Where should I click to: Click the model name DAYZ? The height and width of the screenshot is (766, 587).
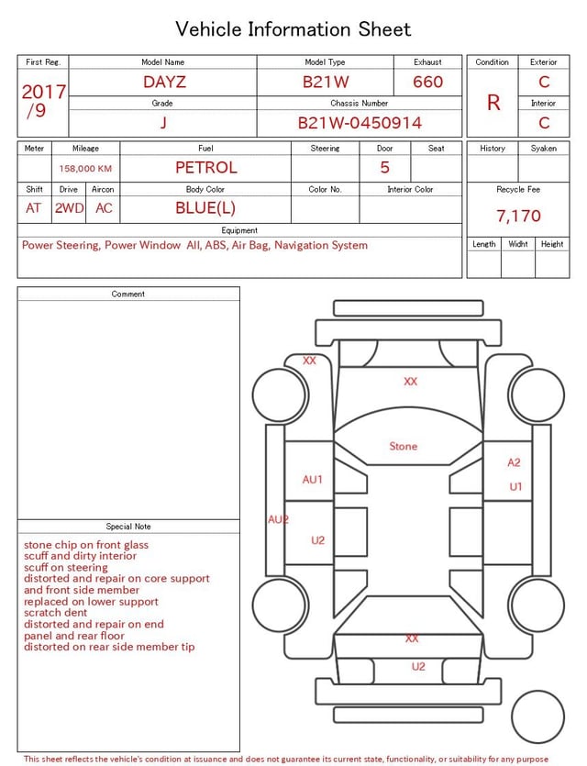pyautogui.click(x=164, y=82)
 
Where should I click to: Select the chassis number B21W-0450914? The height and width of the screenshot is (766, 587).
pyautogui.click(x=360, y=123)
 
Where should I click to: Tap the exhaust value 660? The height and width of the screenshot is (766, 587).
pyautogui.click(x=427, y=82)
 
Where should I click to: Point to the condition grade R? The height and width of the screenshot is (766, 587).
pyautogui.click(x=493, y=103)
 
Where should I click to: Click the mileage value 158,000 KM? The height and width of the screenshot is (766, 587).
pyautogui.click(x=85, y=169)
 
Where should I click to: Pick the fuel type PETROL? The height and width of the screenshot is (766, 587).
pyautogui.click(x=206, y=168)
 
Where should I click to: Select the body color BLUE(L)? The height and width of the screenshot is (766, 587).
pyautogui.click(x=205, y=208)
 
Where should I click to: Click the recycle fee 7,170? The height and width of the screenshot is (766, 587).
pyautogui.click(x=518, y=216)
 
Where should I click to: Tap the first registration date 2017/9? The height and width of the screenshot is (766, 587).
pyautogui.click(x=43, y=101)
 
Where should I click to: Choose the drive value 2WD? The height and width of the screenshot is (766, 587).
pyautogui.click(x=69, y=208)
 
